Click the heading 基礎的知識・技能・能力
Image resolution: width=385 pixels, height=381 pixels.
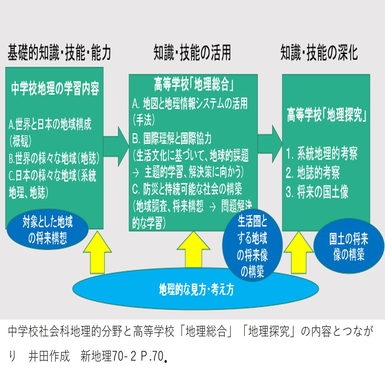pos(59,52)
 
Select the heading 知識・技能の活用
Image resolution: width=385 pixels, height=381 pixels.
pos(192,52)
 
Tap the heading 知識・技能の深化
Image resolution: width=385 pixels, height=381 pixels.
pos(319,52)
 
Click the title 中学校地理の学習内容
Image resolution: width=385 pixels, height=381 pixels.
pos(55,88)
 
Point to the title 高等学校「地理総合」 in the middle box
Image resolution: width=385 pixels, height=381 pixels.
pos(193,84)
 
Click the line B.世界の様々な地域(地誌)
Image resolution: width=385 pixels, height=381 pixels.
pos(54,158)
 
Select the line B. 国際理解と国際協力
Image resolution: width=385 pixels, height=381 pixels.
pos(172,138)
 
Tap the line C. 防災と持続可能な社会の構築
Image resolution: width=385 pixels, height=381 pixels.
pos(187,189)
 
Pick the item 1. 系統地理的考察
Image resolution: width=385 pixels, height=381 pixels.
pos(322,153)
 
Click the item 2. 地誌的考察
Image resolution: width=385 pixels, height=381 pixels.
pos(313,173)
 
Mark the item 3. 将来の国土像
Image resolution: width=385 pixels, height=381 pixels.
pos(317,192)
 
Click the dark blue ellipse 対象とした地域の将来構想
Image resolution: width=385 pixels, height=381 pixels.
pos(47,230)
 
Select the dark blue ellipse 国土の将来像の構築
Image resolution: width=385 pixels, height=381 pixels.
pos(349,246)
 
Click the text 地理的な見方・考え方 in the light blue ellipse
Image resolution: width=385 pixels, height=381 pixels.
pos(196,290)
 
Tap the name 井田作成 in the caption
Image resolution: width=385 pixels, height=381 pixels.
pos(49,356)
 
